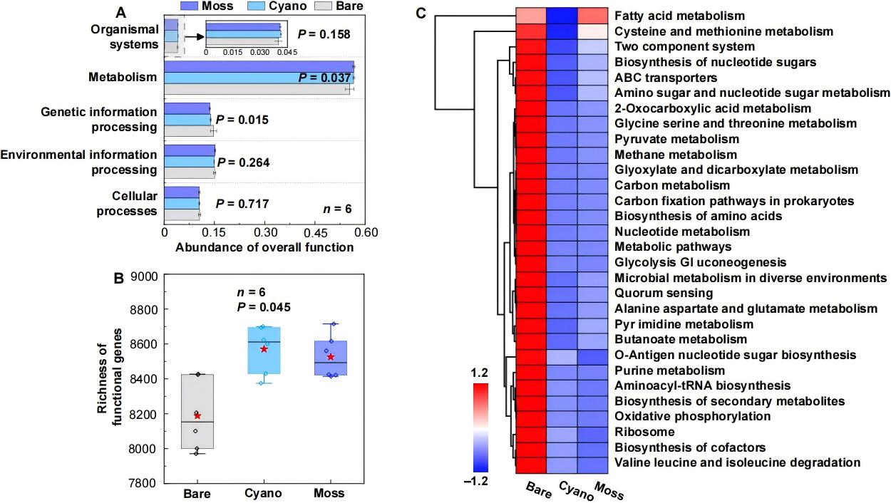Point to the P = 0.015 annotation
pyautogui.click(x=243, y=120)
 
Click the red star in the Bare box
pyautogui.click(x=197, y=416)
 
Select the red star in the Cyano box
pyautogui.click(x=264, y=349)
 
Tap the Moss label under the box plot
pyautogui.click(x=329, y=493)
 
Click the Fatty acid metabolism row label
pyautogui.click(x=679, y=15)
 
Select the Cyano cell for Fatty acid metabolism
pyautogui.click(x=564, y=16)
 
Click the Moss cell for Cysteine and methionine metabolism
pyautogui.click(x=594, y=31)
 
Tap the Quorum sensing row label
pyautogui.click(x=663, y=293)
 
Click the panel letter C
pyautogui.click(x=421, y=12)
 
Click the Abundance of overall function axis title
pyautogui.click(x=264, y=248)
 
